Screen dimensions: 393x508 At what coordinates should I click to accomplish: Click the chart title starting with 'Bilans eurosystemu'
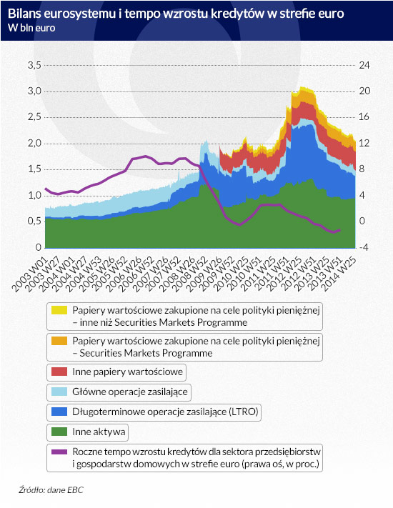[x=176, y=14]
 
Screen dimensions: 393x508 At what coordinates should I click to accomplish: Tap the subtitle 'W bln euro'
[x=31, y=28]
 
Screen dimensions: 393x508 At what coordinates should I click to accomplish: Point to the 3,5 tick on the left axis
[x=34, y=65]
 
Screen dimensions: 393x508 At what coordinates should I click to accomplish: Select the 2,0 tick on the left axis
[x=34, y=143]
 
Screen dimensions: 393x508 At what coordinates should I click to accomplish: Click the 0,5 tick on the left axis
[x=34, y=221]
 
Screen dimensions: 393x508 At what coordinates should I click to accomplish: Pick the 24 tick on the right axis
[x=364, y=65]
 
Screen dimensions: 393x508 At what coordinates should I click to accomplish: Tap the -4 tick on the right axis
[x=363, y=247]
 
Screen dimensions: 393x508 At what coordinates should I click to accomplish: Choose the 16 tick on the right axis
[x=364, y=117]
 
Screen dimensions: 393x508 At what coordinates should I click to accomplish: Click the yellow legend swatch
[x=59, y=310]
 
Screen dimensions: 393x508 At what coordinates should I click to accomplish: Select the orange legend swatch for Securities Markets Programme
[x=59, y=341]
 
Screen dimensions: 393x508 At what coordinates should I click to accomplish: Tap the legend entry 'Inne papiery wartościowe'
[x=128, y=372]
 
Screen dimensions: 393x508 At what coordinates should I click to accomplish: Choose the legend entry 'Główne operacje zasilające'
[x=130, y=392]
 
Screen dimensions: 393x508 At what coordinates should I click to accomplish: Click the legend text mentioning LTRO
[x=165, y=412]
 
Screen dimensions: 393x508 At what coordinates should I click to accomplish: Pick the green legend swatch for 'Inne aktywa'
[x=59, y=432]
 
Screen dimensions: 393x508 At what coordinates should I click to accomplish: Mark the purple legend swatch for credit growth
[x=59, y=452]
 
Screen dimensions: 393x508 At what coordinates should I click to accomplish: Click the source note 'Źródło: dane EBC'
[x=51, y=489]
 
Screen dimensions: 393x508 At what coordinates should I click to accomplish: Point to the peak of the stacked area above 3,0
[x=302, y=87]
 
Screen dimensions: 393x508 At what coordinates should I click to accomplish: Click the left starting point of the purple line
[x=45, y=188]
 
